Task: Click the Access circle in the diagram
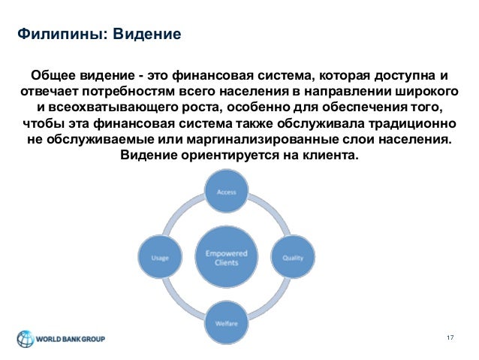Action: point(227,192)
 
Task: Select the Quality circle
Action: point(292,258)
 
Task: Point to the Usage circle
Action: point(160,258)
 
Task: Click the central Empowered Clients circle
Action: point(227,258)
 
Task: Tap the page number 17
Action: point(450,337)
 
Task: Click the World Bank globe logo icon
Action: point(26,338)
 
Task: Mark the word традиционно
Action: point(416,125)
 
